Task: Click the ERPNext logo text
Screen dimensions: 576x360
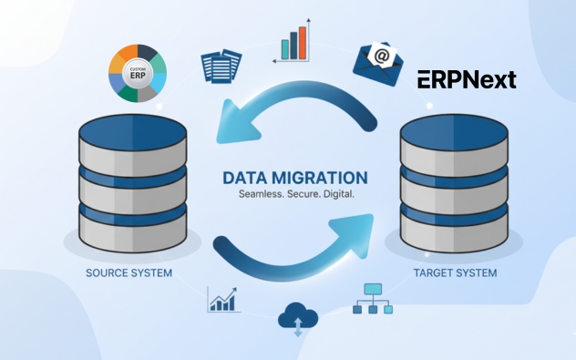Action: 467,79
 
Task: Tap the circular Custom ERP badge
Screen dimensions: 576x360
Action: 138,71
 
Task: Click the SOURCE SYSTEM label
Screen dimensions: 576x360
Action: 129,273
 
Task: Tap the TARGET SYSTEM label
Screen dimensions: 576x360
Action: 455,273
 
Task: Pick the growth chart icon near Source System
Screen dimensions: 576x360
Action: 222,299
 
